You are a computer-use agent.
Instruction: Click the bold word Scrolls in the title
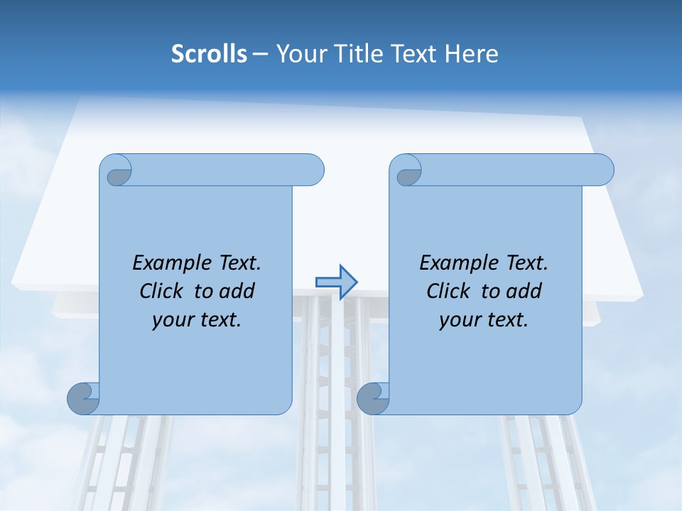pos(209,54)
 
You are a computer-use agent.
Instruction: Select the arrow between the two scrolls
pos(337,282)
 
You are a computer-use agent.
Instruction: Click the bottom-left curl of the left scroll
pos(83,398)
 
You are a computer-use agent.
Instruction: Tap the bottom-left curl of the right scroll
pos(373,398)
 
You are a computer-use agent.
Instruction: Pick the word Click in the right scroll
pos(449,291)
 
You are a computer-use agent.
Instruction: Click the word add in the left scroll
pos(238,291)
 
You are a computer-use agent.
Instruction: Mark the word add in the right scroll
pos(525,291)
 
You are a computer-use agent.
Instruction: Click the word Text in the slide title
pos(411,54)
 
